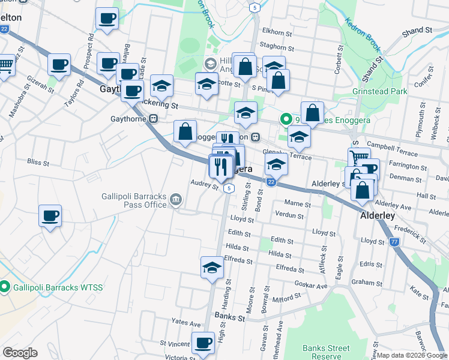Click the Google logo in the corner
coord(20,353)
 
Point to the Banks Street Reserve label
coord(326,352)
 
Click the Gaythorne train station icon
coord(154,119)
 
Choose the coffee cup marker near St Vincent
coord(203,343)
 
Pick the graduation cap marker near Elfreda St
coord(212,268)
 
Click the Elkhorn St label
coord(277,31)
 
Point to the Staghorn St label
coord(277,48)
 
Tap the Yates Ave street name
coord(185,323)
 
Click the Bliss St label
coord(37,161)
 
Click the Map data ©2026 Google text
coord(412,355)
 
